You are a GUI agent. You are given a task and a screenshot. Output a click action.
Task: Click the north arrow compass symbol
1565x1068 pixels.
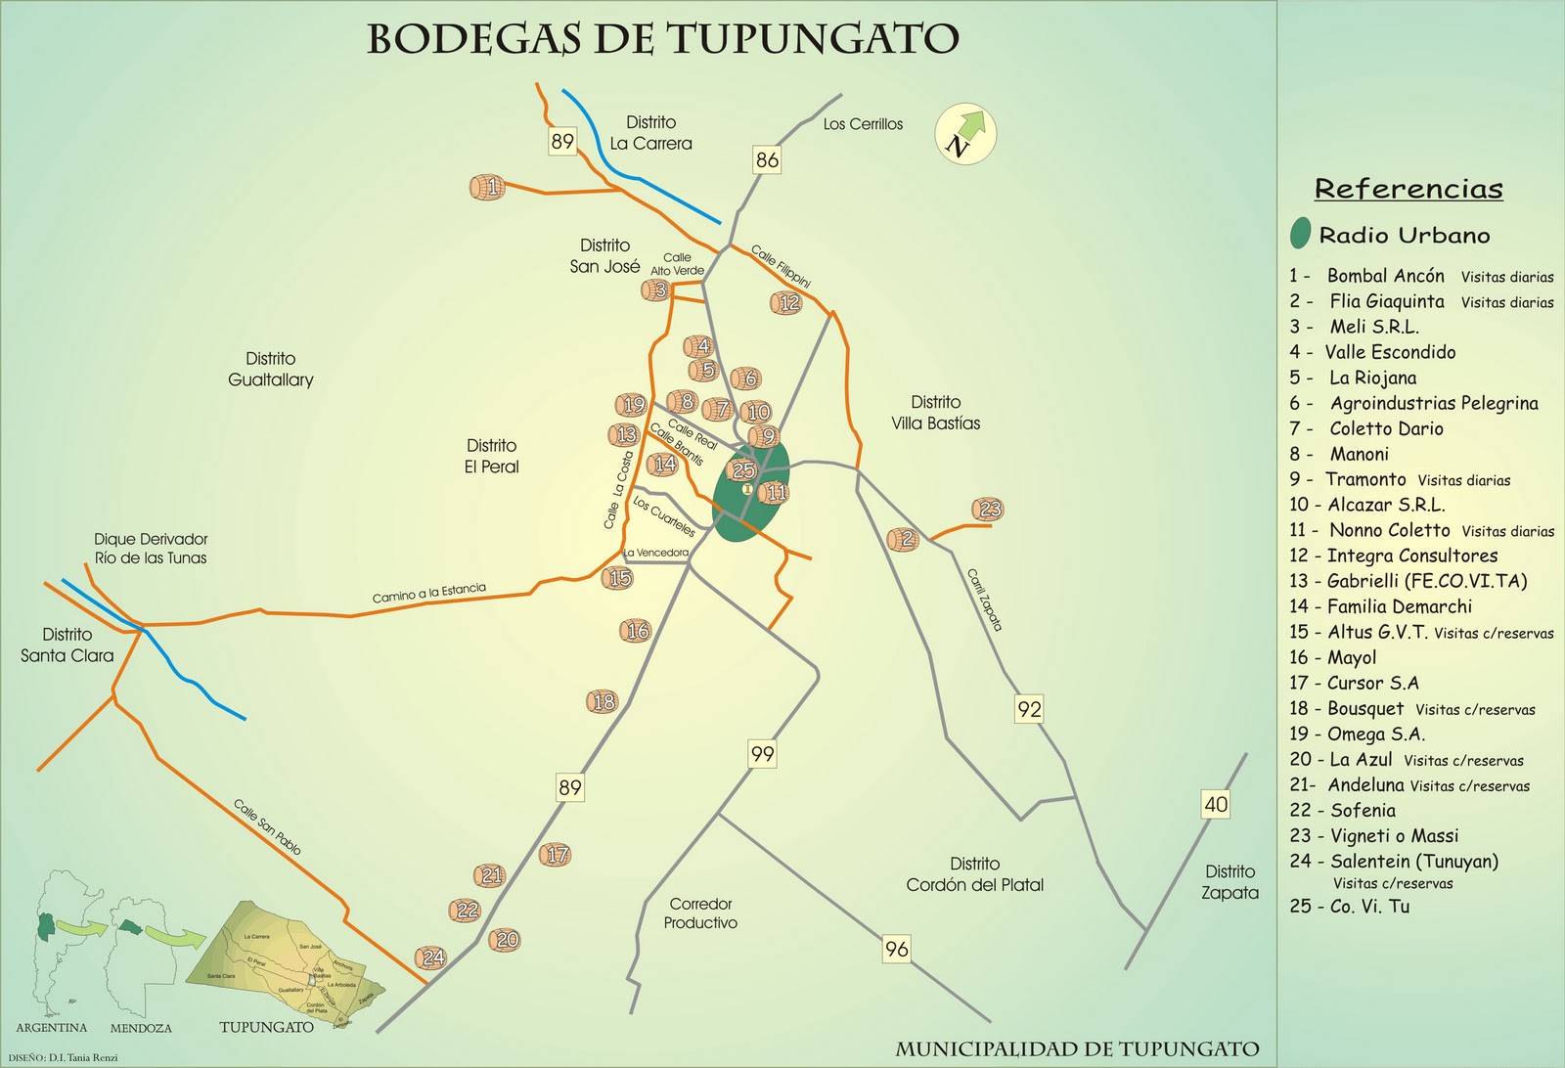(x=964, y=134)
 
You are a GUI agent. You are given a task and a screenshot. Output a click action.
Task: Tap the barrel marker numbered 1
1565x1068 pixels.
(x=488, y=186)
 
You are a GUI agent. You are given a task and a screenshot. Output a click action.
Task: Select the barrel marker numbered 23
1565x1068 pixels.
(x=989, y=509)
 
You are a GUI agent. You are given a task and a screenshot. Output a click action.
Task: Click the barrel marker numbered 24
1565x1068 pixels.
(x=431, y=957)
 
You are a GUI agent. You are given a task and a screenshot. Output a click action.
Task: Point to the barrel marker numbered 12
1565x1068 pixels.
(x=787, y=303)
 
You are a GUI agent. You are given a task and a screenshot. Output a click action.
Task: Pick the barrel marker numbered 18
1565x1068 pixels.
(x=603, y=701)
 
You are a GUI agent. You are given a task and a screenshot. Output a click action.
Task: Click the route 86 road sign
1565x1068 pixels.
(x=767, y=159)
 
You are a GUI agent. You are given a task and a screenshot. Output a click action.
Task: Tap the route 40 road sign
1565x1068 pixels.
(x=1215, y=804)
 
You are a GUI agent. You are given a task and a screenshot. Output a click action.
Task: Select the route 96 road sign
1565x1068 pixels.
(x=896, y=948)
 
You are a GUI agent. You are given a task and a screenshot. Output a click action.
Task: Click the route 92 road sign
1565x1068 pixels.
(x=1029, y=709)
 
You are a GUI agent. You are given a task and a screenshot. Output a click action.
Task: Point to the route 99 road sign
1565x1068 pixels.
(x=762, y=754)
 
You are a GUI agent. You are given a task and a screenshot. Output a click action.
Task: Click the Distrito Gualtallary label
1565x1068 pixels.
(x=271, y=370)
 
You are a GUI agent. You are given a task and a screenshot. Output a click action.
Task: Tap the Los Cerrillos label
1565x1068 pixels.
(x=863, y=124)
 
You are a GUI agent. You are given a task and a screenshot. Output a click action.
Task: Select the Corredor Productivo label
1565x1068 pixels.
(x=700, y=913)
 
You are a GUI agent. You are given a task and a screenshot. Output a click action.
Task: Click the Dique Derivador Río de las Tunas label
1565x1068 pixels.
(x=151, y=549)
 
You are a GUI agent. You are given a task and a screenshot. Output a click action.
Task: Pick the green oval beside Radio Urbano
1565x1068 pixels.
(x=1300, y=234)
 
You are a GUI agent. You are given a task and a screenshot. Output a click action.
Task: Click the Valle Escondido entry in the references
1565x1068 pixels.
(x=1389, y=352)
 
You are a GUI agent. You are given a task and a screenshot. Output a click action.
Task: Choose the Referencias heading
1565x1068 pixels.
(x=1408, y=189)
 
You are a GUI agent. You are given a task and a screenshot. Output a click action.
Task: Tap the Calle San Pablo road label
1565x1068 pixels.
(x=267, y=827)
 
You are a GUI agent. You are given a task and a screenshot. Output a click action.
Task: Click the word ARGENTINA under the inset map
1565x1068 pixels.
(x=52, y=1028)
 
